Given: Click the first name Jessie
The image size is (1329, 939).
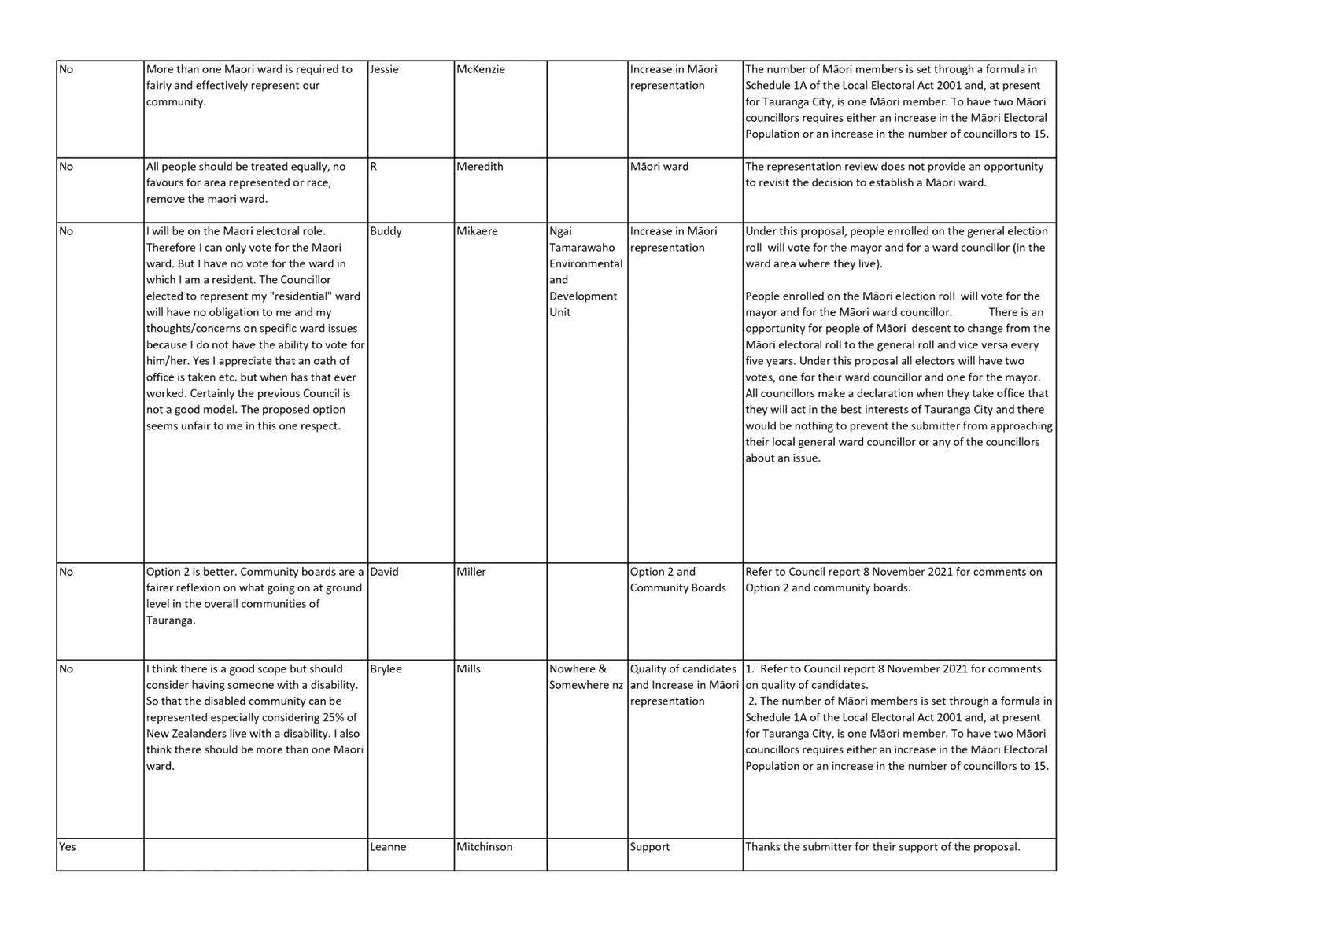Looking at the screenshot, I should coord(384,69).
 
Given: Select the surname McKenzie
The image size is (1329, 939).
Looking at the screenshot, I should coord(480,69).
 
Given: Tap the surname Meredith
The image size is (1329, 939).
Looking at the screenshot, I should coord(479,167).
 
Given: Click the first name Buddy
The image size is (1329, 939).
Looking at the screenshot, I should coord(386,231).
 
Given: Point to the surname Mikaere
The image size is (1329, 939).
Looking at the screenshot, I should coord(477,231).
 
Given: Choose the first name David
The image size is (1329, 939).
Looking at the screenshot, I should coord(384,572).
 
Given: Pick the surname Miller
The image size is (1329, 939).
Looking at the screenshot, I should coord(471,572).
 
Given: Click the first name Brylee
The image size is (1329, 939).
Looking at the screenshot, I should coord(386,668).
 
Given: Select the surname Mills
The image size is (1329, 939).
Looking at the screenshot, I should coord(468,668).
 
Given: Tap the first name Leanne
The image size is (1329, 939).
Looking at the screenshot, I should coord(387,847).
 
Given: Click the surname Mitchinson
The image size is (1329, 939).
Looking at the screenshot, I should coord(484,847).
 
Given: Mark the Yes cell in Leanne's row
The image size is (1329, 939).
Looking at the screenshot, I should coord(67,847).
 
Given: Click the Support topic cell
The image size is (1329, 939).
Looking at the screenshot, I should coord(650,847).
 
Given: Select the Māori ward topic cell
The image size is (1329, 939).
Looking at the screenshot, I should coord(659,167).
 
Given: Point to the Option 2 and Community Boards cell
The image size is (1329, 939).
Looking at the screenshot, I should coord(677,580).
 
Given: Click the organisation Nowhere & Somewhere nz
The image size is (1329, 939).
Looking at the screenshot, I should coord(585,677).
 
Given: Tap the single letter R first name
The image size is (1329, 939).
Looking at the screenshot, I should coord(374,167).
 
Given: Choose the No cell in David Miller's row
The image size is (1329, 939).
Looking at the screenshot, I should coord(65,572).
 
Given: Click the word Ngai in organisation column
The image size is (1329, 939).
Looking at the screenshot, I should coord(560,231).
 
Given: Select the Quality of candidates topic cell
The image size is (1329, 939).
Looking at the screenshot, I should coord(683,668).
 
